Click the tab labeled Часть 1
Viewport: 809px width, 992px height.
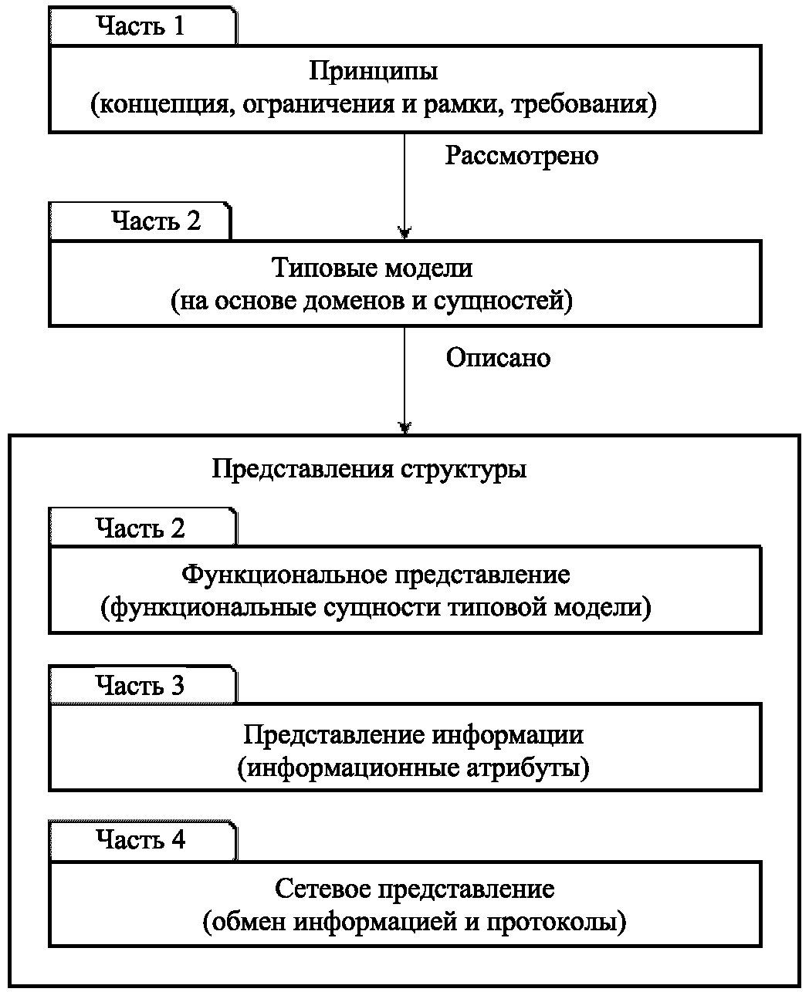pos(141,26)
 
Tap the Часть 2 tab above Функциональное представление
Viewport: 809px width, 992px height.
pos(140,528)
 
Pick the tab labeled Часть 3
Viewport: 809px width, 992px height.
pos(140,685)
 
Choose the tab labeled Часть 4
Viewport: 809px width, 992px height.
pos(140,839)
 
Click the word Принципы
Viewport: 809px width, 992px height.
pos(374,72)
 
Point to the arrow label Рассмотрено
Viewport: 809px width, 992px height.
pos(522,157)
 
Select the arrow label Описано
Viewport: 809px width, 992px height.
pos(499,359)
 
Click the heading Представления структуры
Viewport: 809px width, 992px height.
pos(370,470)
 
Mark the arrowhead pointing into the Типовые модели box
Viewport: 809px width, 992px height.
pos(404,232)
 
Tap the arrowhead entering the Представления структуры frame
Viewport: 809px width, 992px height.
pos(404,427)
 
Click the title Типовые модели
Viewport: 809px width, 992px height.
pos(372,268)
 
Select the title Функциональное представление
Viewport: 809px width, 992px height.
pos(376,575)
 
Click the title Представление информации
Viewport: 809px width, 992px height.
pos(413,734)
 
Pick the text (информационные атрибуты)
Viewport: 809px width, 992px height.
pos(413,768)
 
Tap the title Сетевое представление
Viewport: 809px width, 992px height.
pos(415,889)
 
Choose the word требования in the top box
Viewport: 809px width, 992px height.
pos(585,104)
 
